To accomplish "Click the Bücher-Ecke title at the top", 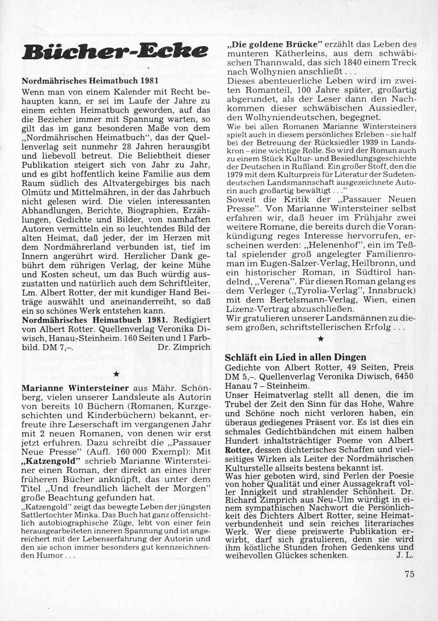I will coord(115,52).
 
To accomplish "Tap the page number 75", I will coord(410,575).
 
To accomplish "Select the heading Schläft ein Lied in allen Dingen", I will coord(296,357).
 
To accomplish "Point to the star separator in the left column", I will coord(116,374).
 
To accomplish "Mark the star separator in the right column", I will coord(321,339).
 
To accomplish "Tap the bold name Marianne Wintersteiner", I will coord(75,388).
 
